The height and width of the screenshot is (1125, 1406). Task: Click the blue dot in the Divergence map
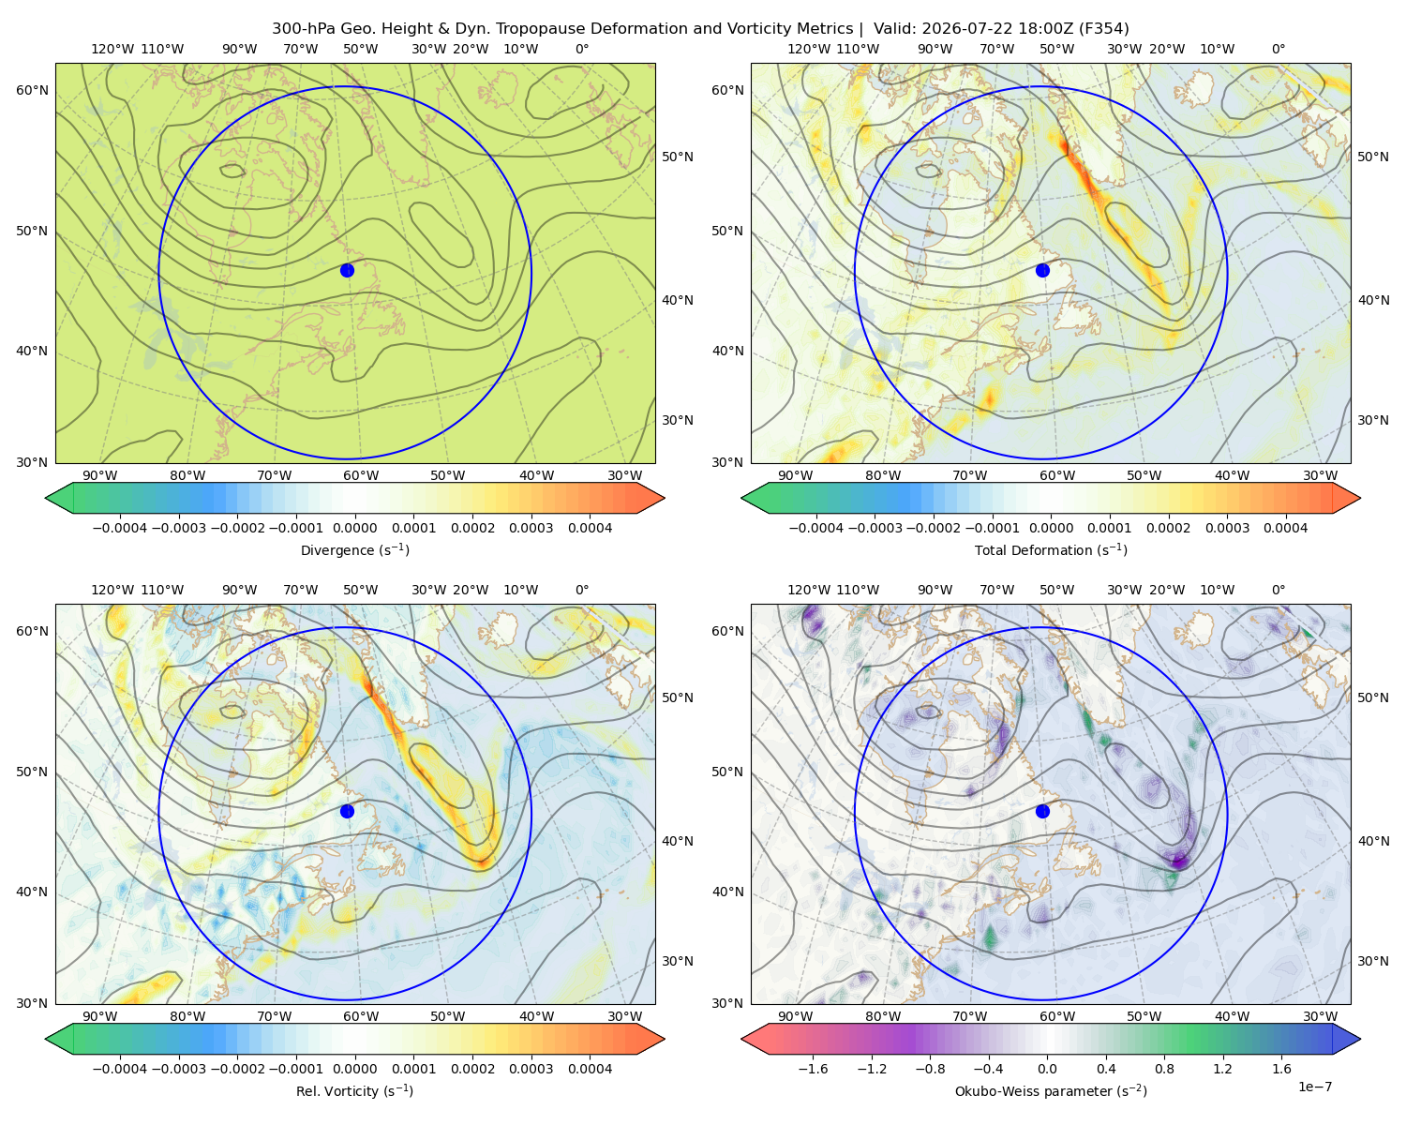point(347,270)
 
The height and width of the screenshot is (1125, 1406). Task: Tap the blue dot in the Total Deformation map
point(1042,270)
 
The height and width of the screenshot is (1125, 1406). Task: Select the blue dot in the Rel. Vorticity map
point(347,811)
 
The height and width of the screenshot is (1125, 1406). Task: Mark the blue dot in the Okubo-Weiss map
point(1042,811)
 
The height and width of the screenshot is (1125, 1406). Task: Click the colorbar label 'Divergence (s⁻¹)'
point(354,549)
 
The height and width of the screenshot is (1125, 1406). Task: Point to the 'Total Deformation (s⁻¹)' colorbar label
point(1051,549)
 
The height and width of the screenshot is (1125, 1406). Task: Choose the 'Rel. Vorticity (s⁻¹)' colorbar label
point(354,1090)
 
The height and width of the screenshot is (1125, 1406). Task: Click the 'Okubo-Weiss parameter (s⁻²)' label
point(1051,1090)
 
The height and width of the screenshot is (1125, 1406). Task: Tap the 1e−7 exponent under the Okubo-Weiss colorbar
point(1314,1087)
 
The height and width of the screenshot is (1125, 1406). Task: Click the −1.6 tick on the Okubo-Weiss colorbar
point(813,1068)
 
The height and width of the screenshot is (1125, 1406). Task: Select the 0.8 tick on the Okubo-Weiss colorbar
point(1164,1068)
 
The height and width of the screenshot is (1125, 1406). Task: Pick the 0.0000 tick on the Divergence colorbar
point(354,528)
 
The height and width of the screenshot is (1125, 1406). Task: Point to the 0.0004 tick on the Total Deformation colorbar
point(1286,528)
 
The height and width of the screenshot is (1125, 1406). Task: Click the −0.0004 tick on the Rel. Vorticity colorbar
point(120,1068)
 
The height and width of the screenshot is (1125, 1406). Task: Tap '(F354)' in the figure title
point(1104,29)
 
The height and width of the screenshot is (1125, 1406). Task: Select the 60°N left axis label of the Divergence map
point(32,90)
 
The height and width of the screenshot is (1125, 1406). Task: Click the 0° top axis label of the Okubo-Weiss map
point(1278,590)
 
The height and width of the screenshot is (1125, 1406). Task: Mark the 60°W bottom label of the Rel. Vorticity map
point(361,1016)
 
